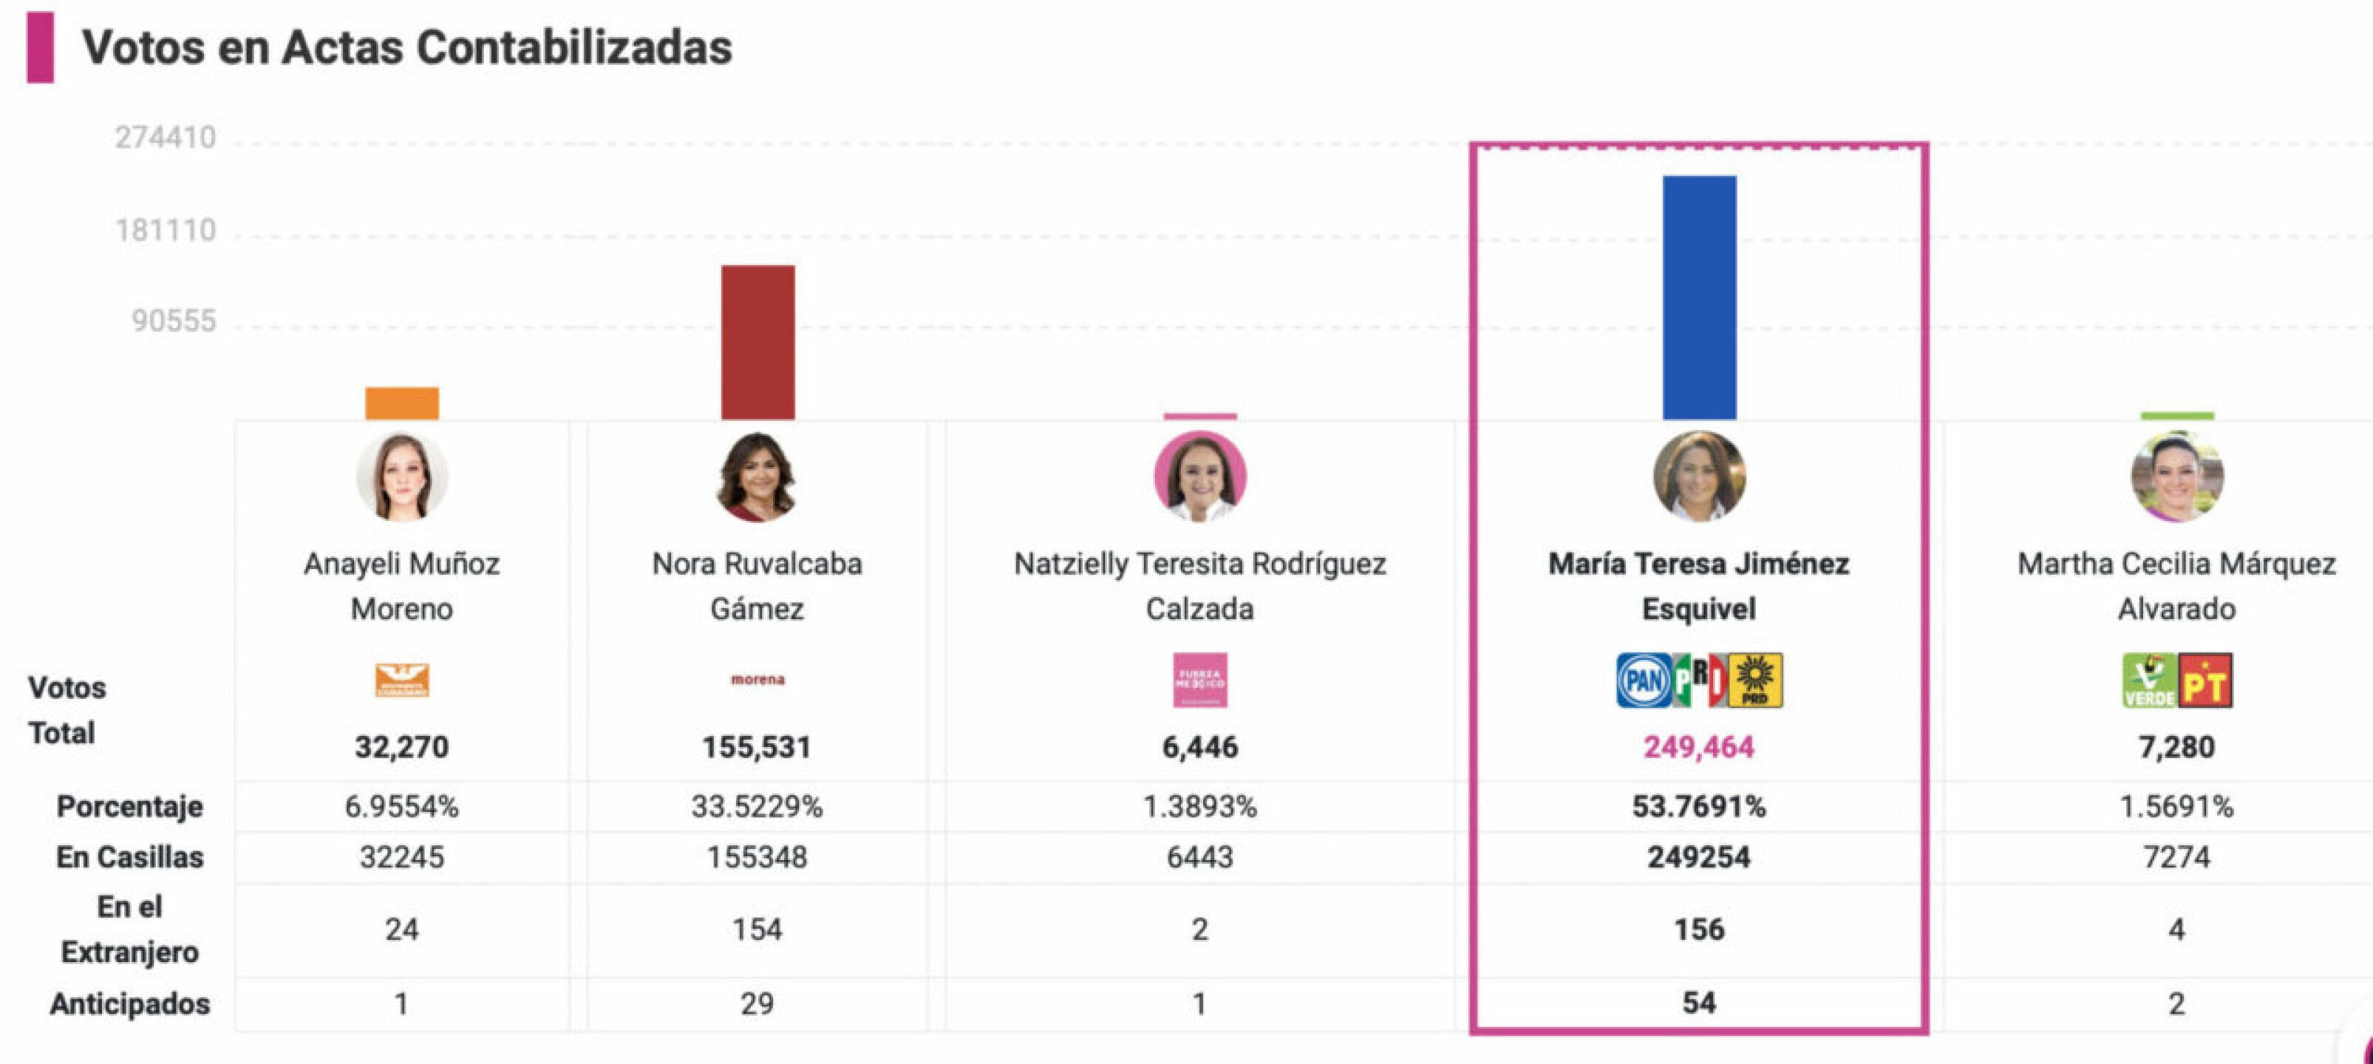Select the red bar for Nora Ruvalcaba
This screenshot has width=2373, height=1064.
[x=757, y=342]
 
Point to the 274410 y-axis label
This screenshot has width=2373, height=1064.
[x=165, y=138]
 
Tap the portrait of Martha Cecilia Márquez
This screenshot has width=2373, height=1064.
[x=2176, y=477]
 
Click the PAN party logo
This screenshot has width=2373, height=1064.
[x=1643, y=681]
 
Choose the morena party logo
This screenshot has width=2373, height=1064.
[x=757, y=680]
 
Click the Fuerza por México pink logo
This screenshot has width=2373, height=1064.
[x=1199, y=681]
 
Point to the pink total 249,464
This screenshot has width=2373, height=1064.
[x=1699, y=747]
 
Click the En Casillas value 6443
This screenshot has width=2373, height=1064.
[x=1199, y=858]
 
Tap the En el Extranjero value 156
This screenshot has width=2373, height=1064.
[x=1699, y=930]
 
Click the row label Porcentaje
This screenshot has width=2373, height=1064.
[x=130, y=807]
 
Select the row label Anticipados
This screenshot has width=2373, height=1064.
[x=130, y=1003]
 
